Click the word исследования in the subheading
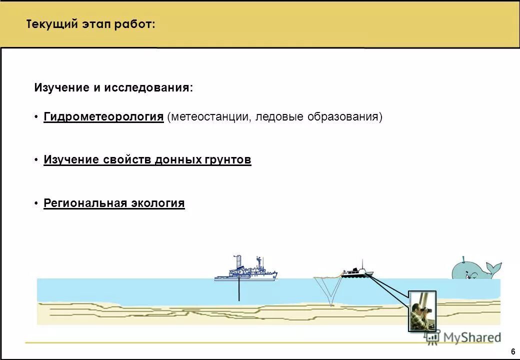pos(148,88)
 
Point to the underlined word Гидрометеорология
pos(103,117)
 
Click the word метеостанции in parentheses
pos(210,117)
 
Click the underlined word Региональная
pos(85,203)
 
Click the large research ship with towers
pos(245,270)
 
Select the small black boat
pos(357,271)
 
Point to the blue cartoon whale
pos(472,270)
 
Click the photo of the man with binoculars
pos(422,311)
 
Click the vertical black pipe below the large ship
pos(239,290)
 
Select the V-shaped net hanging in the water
pos(328,290)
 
